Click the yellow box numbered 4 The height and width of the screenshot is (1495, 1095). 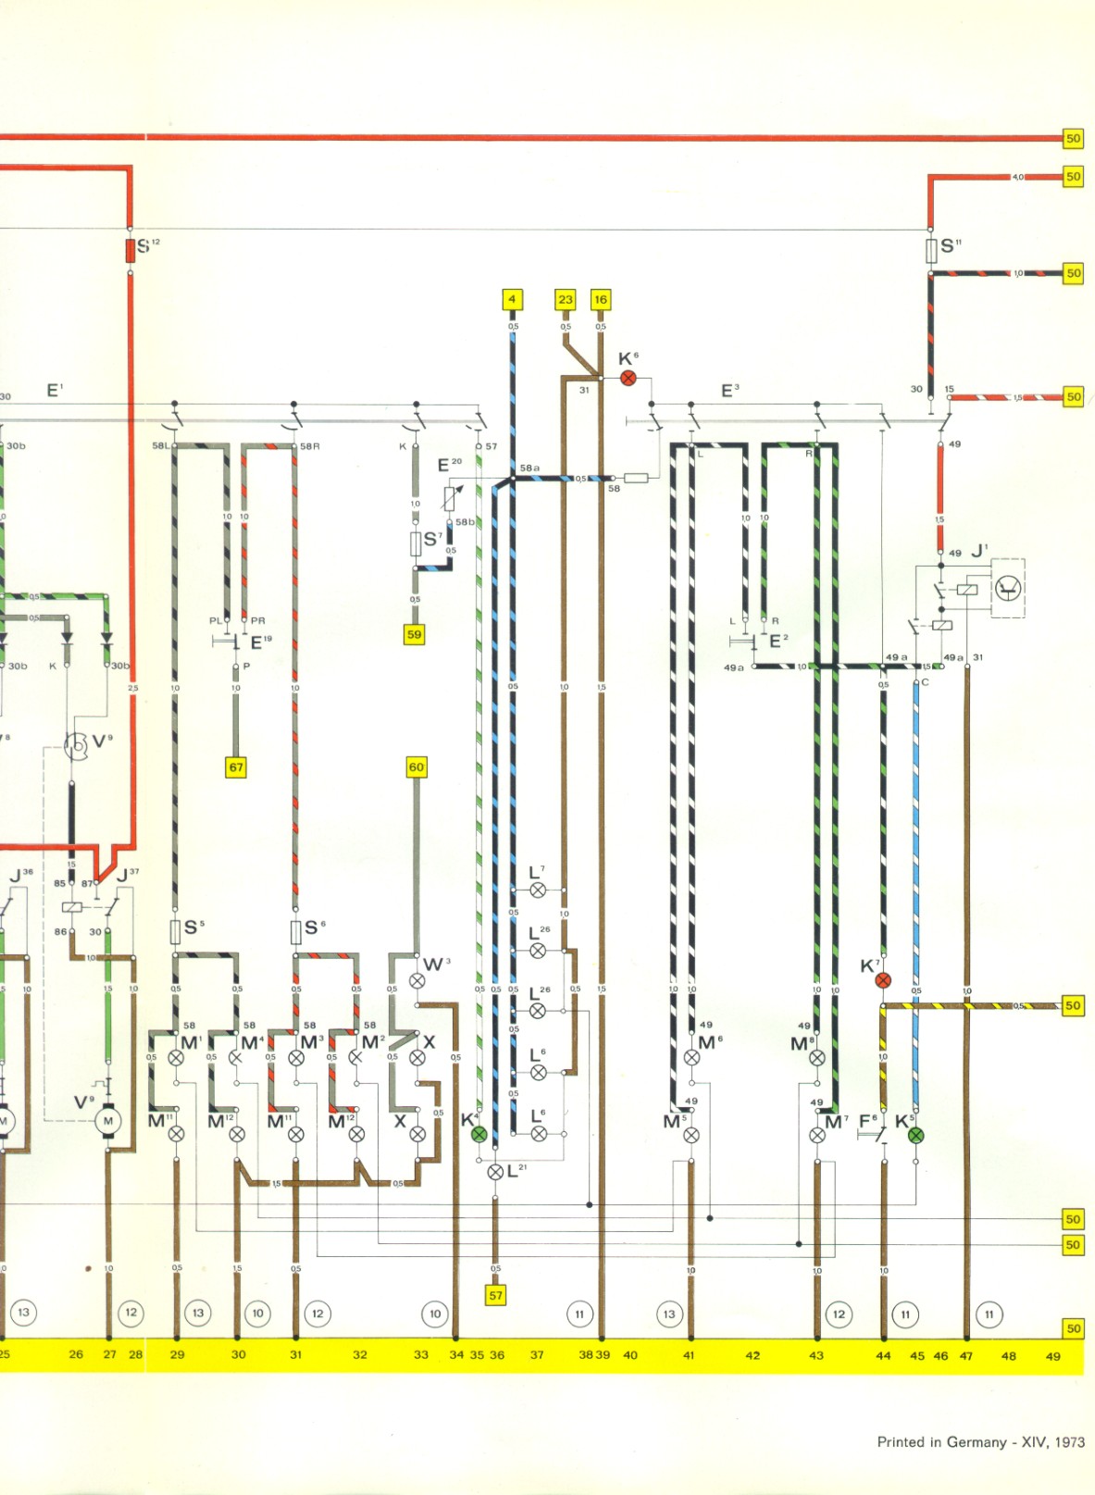pos(512,299)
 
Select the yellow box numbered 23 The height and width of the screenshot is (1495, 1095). pos(566,299)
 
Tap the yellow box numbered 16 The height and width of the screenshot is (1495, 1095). pos(601,299)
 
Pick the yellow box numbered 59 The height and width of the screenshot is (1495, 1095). pos(414,635)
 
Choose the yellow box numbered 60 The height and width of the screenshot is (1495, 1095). pos(417,766)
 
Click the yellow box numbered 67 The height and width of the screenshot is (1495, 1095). pos(236,766)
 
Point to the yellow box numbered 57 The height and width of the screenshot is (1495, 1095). pos(496,1295)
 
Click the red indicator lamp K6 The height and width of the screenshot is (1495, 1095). pos(628,378)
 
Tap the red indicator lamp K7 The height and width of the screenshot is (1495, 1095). pos(883,980)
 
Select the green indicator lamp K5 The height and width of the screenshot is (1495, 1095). pos(916,1135)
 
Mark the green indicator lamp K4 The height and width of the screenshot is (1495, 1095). pos(479,1134)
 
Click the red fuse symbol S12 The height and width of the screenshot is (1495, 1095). pos(131,250)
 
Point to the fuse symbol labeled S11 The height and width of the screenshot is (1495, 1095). pos(931,251)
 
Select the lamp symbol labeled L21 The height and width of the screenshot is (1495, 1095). pos(495,1172)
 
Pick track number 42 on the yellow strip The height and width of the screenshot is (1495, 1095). pos(753,1355)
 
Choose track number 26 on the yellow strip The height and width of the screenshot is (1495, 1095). pos(76,1354)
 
